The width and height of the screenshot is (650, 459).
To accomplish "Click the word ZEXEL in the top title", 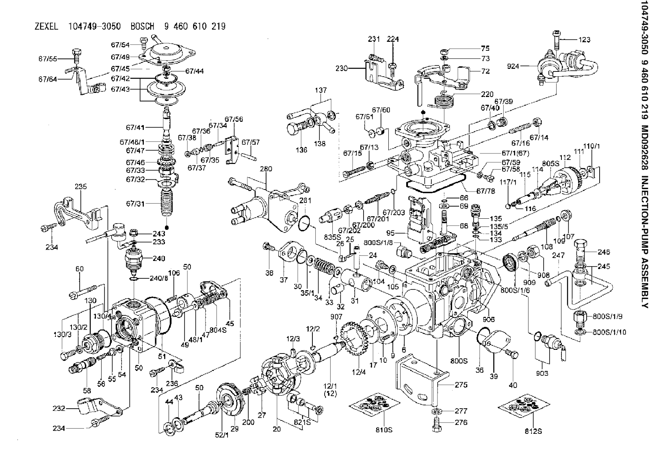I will pos(46,27).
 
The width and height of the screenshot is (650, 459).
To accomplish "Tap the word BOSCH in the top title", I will pos(142,27).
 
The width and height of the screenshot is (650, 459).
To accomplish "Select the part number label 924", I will pos(513,66).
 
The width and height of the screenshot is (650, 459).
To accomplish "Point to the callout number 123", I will pos(584,40).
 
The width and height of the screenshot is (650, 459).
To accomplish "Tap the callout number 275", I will pos(461,385).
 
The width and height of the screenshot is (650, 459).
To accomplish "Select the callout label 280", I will pos(266,169).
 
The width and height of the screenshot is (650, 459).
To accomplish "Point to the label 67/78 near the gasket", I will pos(486,191).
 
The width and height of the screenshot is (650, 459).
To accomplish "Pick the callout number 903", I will pos(542,373).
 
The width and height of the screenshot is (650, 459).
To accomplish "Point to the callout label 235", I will pos(81,187).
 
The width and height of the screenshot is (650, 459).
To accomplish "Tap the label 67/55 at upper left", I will pos(48,58).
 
